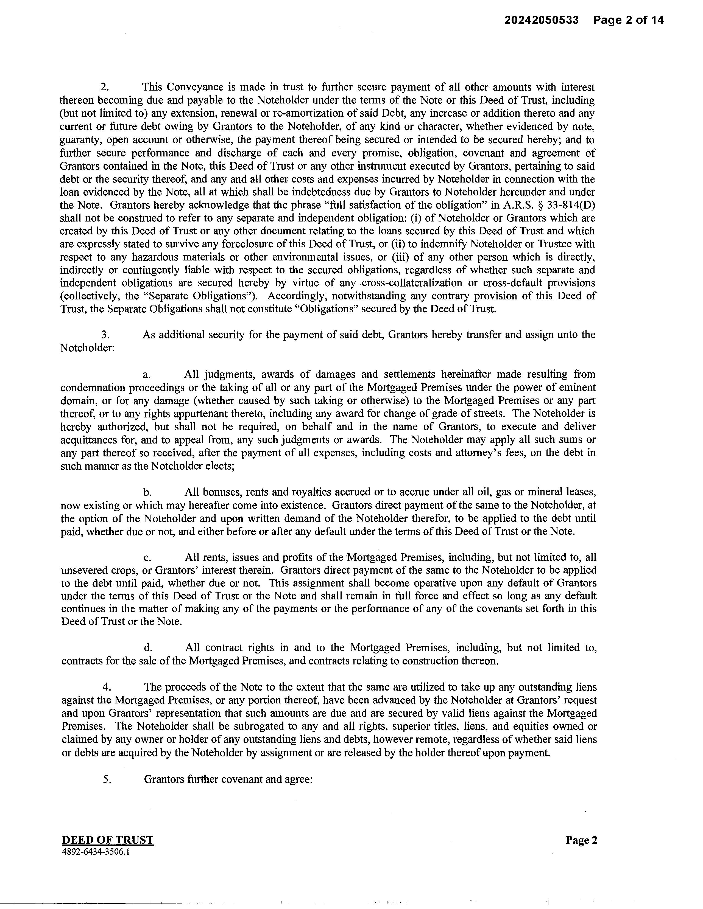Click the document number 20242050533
point(542,20)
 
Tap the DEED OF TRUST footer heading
point(107,840)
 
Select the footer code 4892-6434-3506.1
point(95,852)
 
